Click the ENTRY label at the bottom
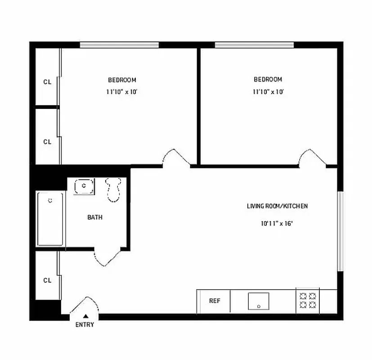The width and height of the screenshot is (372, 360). [x=85, y=324]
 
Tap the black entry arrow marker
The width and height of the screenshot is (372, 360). [x=85, y=316]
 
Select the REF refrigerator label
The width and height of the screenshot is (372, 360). [x=215, y=301]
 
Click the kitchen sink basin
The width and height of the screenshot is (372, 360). [x=259, y=301]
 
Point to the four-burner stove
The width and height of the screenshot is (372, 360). [x=308, y=300]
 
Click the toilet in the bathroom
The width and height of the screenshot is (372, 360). [x=113, y=189]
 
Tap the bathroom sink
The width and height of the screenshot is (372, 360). [x=84, y=186]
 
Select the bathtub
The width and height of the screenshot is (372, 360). [x=50, y=219]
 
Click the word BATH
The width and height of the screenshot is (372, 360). [x=94, y=217]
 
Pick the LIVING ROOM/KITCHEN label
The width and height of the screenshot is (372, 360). [x=277, y=206]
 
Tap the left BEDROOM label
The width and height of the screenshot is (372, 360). [x=122, y=80]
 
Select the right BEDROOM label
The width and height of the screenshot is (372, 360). [x=268, y=80]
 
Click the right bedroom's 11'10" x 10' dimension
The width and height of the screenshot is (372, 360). [x=268, y=92]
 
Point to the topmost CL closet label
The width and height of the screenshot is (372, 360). [x=47, y=82]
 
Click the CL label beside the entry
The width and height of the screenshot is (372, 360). [x=47, y=280]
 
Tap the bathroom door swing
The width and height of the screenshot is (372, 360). [x=107, y=257]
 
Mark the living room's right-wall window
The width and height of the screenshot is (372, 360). [x=341, y=232]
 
